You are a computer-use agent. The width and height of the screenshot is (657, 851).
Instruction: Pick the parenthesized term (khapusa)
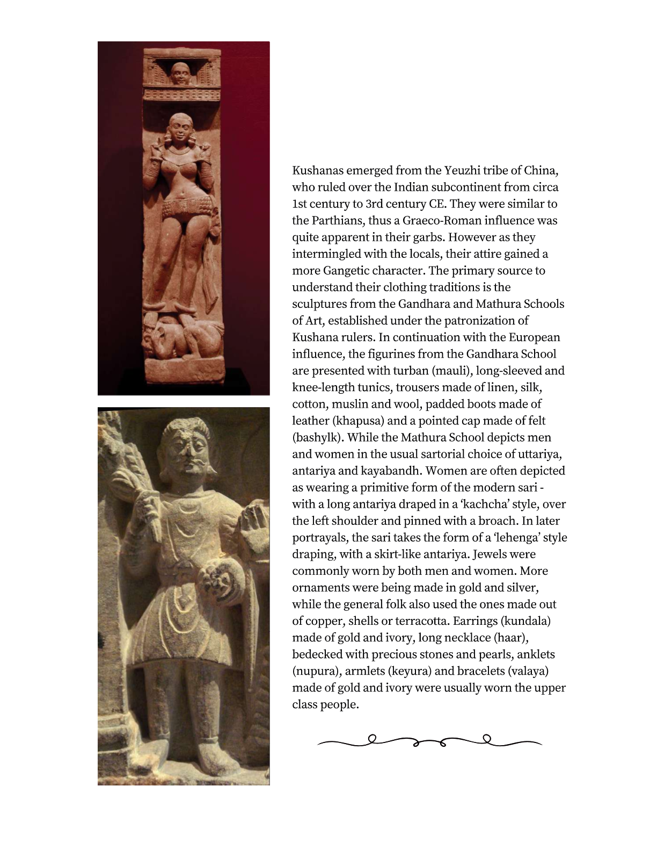click(x=357, y=421)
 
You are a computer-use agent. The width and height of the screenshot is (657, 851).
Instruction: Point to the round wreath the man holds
click(x=219, y=582)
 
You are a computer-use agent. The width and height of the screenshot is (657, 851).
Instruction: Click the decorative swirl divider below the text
click(x=429, y=741)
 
